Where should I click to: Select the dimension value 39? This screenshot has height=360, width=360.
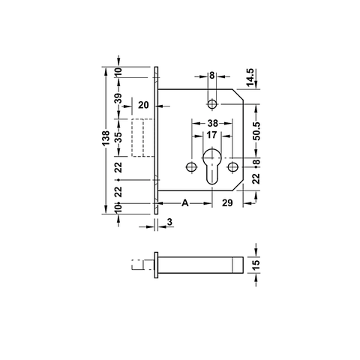point(118,100)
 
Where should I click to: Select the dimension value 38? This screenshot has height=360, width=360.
point(212,123)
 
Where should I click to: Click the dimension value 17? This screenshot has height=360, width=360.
point(212,136)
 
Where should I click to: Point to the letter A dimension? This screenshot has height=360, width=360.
point(184,203)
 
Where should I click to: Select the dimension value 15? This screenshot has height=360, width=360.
point(256,265)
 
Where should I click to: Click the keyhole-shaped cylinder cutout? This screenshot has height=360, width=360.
point(212,167)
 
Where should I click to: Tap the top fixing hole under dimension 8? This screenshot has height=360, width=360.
point(212,103)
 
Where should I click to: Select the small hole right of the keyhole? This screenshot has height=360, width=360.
point(234,166)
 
